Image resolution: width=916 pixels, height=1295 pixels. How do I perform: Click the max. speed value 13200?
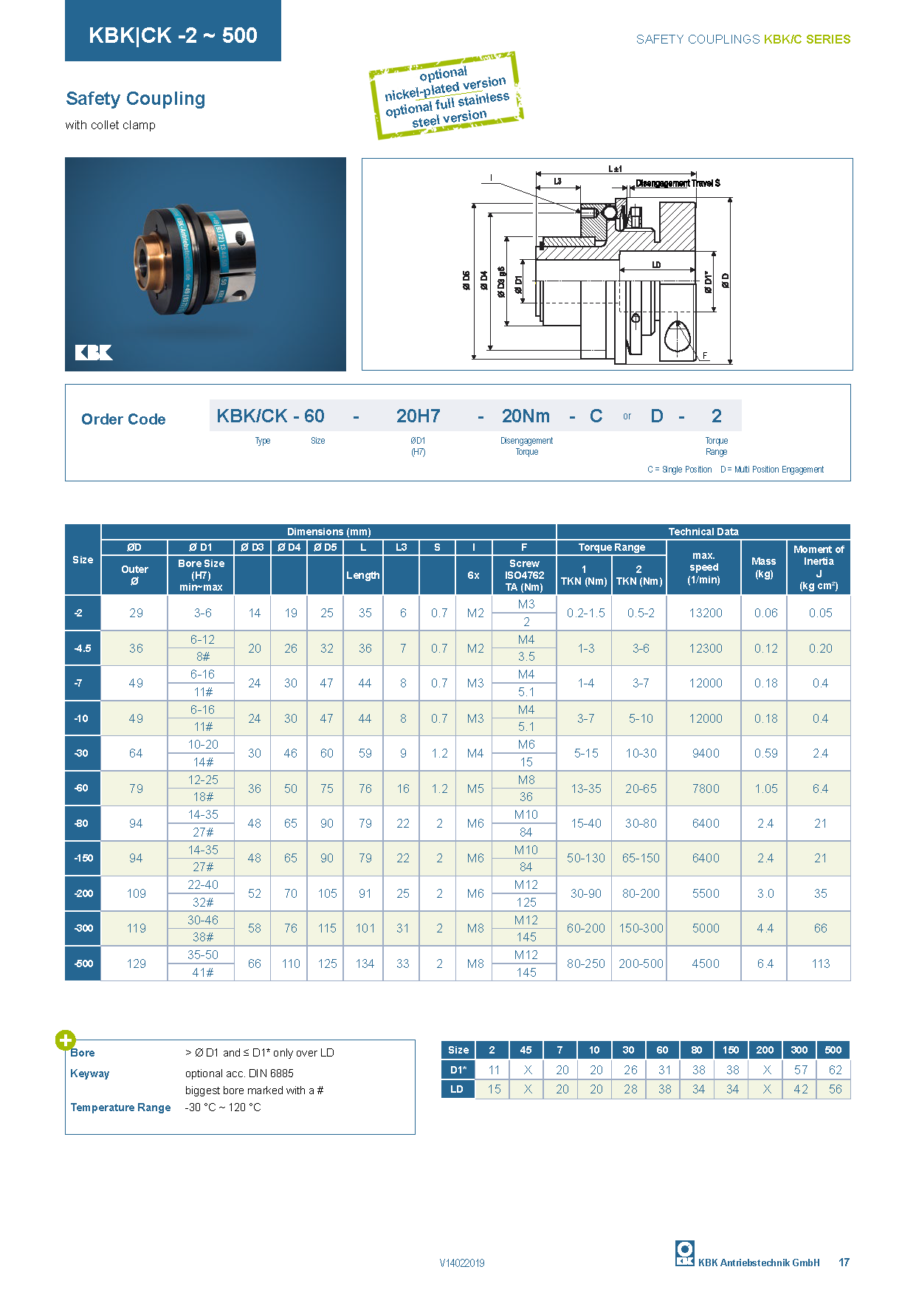tap(706, 613)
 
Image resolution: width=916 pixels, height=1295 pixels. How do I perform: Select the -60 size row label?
tap(81, 788)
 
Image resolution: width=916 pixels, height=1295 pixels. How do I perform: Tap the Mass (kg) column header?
tap(763, 567)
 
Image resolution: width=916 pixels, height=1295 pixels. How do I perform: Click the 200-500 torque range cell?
tap(641, 963)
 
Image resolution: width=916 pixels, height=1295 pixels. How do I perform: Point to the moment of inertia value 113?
tap(820, 963)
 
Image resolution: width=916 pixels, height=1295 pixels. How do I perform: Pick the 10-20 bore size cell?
tap(202, 744)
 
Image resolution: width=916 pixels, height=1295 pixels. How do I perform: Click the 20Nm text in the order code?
tap(526, 416)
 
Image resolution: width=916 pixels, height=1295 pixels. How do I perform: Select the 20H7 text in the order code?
tap(418, 416)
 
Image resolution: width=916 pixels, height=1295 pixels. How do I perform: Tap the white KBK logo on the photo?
tap(94, 352)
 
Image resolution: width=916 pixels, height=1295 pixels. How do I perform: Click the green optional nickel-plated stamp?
tap(446, 96)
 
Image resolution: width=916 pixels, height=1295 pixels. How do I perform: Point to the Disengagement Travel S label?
tap(678, 183)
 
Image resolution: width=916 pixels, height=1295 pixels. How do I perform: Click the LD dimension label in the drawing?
tap(656, 264)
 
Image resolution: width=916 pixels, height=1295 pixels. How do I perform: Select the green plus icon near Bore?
tap(66, 1040)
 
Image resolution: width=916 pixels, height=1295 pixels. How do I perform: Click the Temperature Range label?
tap(120, 1107)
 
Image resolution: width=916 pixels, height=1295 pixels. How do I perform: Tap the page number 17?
tap(844, 1263)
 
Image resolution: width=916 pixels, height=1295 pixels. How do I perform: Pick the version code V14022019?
tap(462, 1263)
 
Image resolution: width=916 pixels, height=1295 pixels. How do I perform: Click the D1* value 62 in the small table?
tap(835, 1070)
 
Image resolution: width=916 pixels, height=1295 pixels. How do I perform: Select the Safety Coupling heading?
tap(136, 99)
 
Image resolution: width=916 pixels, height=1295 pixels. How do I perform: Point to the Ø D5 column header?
tap(325, 547)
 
